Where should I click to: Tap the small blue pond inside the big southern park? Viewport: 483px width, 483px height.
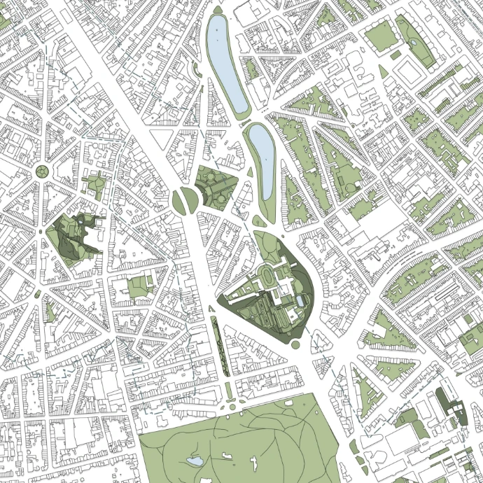[194, 461]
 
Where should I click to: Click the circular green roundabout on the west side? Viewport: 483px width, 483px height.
[43, 172]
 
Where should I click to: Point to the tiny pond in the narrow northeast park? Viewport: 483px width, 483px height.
[415, 43]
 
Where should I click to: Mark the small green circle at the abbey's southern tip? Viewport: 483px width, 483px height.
[295, 344]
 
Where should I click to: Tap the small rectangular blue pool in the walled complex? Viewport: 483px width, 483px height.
[300, 300]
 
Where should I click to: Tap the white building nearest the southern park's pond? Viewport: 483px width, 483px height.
[225, 456]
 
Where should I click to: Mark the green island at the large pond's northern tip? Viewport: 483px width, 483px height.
[216, 10]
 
